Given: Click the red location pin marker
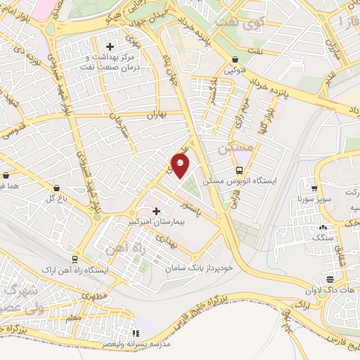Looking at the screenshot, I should tap(181, 165).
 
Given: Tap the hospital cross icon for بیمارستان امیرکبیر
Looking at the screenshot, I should tap(156, 210).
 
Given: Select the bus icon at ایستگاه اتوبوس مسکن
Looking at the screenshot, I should tap(240, 170).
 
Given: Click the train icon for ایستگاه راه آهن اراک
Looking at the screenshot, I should tap(75, 259).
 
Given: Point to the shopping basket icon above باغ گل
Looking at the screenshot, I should tap(57, 187).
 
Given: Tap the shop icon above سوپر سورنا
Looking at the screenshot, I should tap(314, 188).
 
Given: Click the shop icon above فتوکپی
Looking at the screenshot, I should tap(234, 60).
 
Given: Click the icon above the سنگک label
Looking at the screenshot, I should tap(323, 227).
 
